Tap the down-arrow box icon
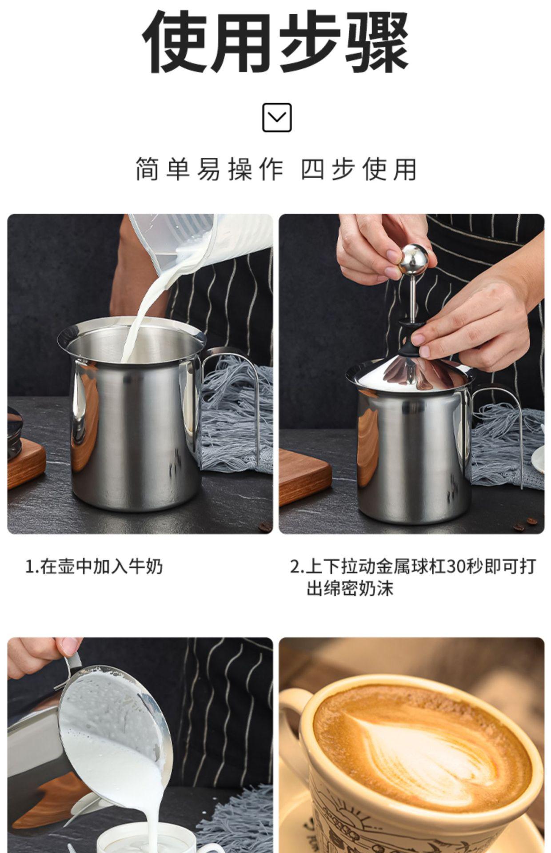pyautogui.click(x=277, y=117)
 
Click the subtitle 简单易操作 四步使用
pyautogui.click(x=276, y=169)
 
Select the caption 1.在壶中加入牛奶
pyautogui.click(x=94, y=567)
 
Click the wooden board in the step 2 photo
pyautogui.click(x=304, y=475)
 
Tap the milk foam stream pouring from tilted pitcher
pyautogui.click(x=147, y=809)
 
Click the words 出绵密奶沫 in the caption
pyautogui.click(x=350, y=589)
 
